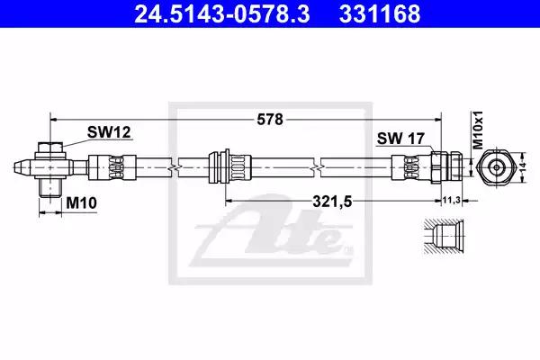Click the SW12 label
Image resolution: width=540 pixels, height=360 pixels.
(108, 132)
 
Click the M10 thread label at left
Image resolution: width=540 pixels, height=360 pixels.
(81, 204)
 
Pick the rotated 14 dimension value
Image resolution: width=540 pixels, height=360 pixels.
(523, 167)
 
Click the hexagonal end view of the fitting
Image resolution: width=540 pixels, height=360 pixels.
(496, 167)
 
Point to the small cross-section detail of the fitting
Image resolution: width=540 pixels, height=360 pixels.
(442, 238)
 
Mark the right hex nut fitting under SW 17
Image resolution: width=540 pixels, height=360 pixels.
(444, 167)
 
